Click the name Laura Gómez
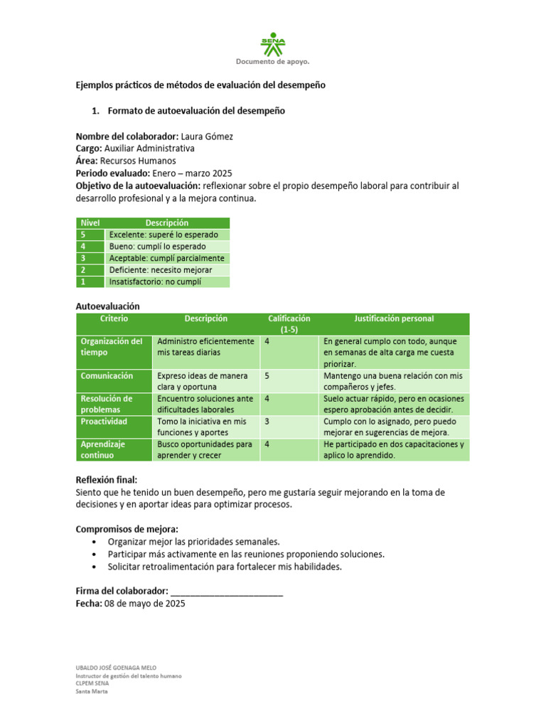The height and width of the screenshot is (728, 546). [x=207, y=136]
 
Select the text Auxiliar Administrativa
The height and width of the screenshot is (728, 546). [x=149, y=149]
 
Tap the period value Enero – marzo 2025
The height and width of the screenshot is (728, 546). [x=192, y=173]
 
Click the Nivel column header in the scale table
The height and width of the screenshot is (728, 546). [x=90, y=223]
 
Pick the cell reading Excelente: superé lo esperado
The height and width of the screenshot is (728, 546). [x=164, y=235]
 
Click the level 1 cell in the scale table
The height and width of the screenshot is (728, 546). [x=90, y=282]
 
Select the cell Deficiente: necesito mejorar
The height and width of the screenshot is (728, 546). [x=161, y=270]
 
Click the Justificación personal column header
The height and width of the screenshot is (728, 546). [x=394, y=319]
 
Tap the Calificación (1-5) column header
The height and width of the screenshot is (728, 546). [x=289, y=324]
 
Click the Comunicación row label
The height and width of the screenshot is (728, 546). [x=107, y=376]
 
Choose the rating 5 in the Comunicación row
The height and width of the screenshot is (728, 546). [x=267, y=376]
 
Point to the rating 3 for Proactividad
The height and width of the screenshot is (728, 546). [x=267, y=422]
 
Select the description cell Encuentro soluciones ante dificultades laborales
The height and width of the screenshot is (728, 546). [x=205, y=405]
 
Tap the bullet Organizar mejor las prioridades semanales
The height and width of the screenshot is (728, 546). [x=193, y=541]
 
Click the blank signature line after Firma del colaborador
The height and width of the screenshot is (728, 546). [x=227, y=591]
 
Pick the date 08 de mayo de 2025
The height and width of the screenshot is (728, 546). [x=145, y=604]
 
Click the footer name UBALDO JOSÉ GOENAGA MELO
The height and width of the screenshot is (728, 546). [x=116, y=668]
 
